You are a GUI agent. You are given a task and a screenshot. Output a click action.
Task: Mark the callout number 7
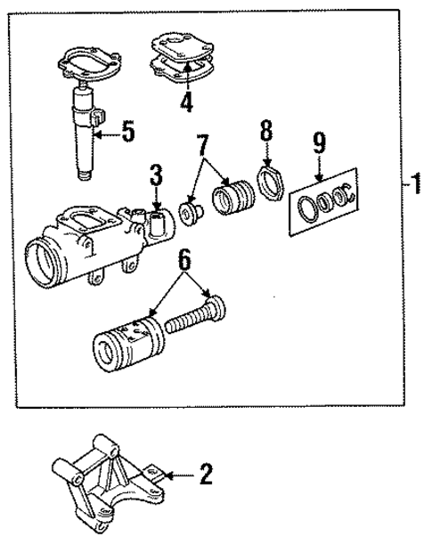point(203,143)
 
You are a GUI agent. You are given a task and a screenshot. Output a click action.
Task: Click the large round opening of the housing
point(45,262)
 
